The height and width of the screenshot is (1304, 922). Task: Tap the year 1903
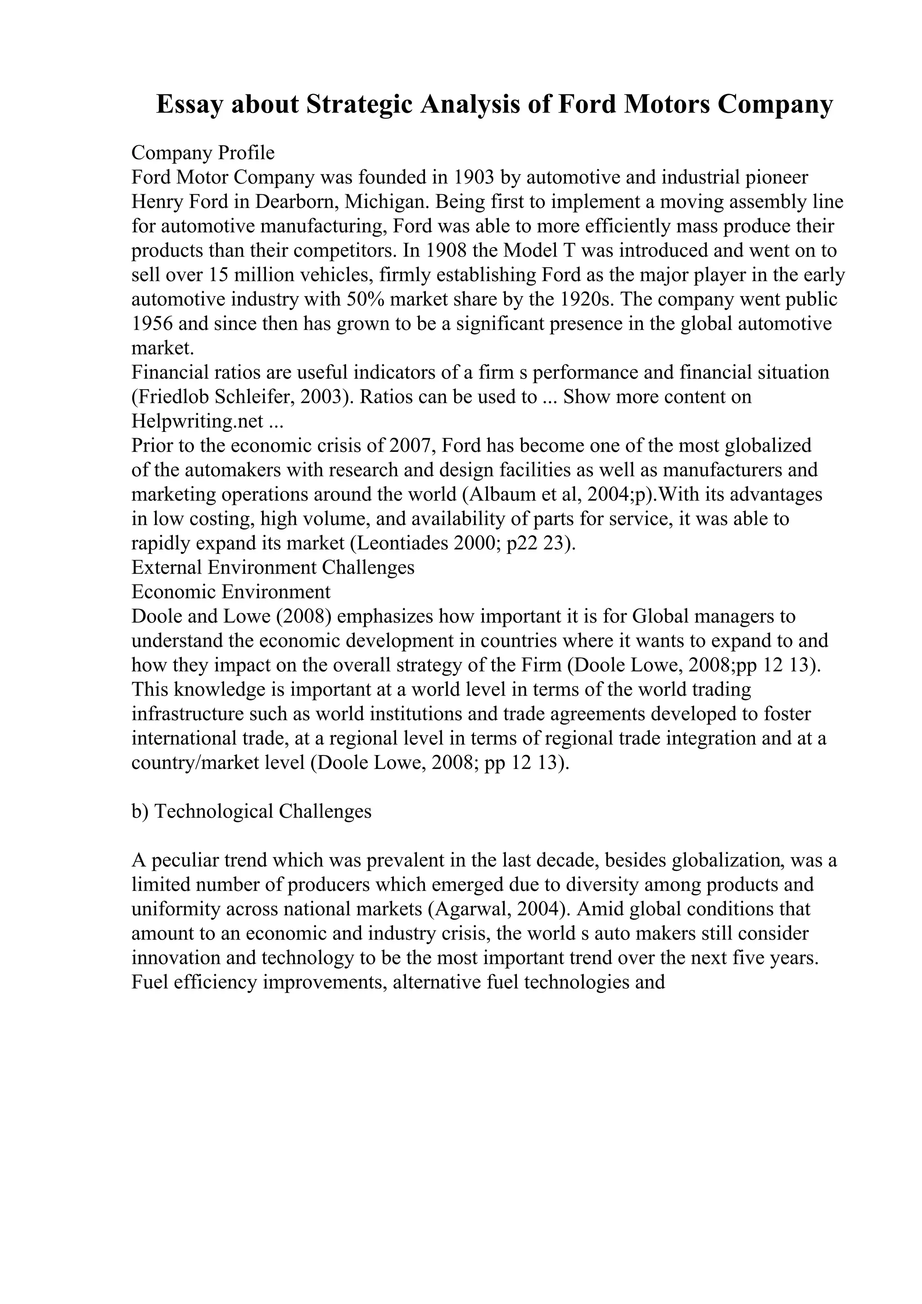[x=475, y=177]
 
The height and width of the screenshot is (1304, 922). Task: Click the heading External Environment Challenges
[x=273, y=567]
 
